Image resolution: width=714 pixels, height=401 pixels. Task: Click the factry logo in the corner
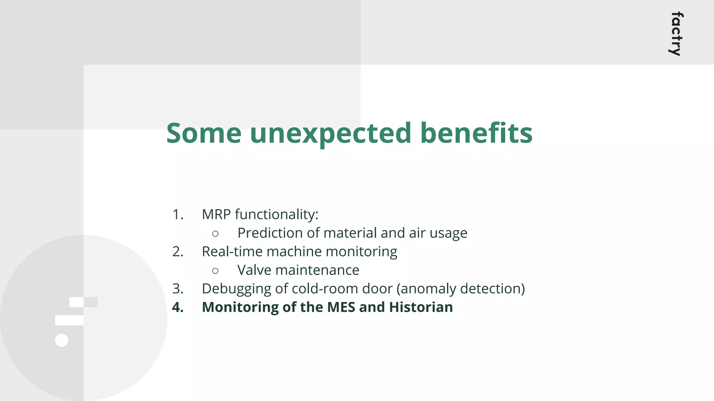(x=677, y=34)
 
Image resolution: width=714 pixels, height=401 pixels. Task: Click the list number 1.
(x=177, y=214)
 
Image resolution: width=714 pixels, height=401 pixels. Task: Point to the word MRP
(x=216, y=214)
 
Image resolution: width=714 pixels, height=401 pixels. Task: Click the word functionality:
(x=276, y=214)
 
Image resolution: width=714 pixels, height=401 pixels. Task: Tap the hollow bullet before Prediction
(x=215, y=234)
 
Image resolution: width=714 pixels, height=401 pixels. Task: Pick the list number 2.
(x=177, y=252)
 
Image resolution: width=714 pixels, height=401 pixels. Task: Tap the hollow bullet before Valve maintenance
(x=215, y=271)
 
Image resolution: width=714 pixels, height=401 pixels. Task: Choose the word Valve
(x=254, y=270)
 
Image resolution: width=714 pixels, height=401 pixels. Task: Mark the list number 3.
(x=177, y=289)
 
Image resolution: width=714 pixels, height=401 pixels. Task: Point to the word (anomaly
(x=421, y=289)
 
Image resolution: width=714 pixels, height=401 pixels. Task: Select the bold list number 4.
(x=178, y=307)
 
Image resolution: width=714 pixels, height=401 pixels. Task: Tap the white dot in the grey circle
(x=62, y=340)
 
